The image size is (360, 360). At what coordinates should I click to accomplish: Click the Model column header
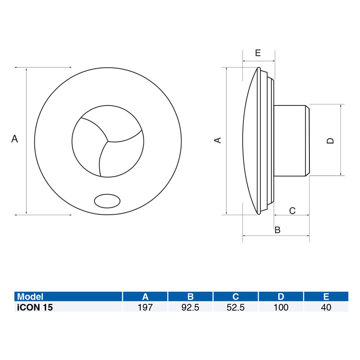(30, 297)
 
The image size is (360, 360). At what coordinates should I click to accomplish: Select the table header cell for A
(145, 297)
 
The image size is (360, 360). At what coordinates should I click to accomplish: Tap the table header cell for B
(190, 297)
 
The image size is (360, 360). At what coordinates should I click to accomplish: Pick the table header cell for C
(236, 297)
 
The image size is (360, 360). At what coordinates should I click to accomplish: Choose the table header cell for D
(281, 297)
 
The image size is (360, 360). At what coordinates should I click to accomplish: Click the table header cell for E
(326, 297)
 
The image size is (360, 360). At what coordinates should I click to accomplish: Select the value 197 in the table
(145, 307)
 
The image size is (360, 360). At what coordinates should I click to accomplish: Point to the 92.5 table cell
(190, 307)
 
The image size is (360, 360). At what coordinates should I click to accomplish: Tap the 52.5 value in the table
(236, 307)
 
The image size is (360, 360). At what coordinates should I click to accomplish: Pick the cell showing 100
(281, 307)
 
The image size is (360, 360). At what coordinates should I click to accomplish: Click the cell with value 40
(326, 307)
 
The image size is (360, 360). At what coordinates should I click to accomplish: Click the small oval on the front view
(107, 201)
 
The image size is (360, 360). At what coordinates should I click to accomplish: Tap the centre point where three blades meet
(108, 141)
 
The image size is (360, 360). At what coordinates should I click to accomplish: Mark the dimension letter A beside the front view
(14, 139)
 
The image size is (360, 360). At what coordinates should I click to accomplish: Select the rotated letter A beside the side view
(218, 140)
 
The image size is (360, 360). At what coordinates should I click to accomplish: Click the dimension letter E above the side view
(258, 53)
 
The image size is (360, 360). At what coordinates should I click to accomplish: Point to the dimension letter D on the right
(330, 141)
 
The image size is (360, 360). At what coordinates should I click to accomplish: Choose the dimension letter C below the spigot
(292, 211)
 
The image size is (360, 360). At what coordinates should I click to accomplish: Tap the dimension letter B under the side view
(278, 230)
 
